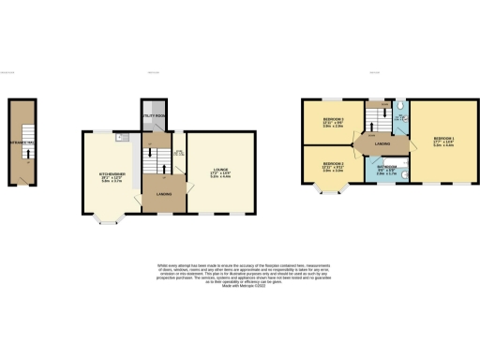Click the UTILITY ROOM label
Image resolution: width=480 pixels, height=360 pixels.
[x=153, y=114]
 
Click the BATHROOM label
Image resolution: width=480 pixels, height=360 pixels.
[x=386, y=165]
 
